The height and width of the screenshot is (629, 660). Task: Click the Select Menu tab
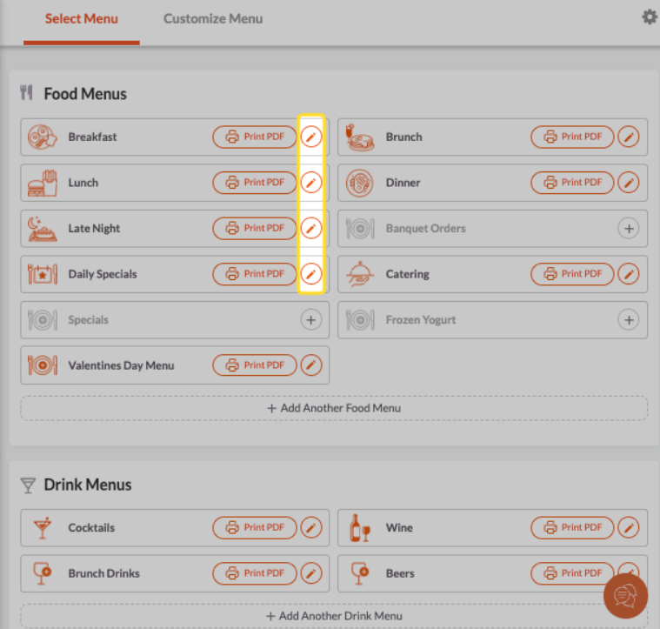coord(82,19)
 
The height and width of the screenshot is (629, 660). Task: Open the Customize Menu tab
coord(213,19)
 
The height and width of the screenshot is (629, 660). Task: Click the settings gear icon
coord(649,17)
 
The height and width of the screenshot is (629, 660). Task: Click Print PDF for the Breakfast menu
coord(255,137)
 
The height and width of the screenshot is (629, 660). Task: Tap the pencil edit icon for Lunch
coord(310,183)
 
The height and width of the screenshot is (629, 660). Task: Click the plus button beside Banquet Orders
coord(628,229)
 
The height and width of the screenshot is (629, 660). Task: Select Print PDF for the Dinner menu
coord(572,183)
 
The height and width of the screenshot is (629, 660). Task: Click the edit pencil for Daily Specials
coord(310,274)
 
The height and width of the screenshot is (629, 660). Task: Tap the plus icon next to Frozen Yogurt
coord(628,320)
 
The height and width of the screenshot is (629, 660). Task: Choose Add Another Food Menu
coord(334,408)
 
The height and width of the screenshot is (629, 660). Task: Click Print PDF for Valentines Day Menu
coord(255,365)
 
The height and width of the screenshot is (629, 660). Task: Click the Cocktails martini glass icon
coord(42,528)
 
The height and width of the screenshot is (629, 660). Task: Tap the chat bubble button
coord(625,596)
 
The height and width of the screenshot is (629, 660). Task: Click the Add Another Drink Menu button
coord(334,616)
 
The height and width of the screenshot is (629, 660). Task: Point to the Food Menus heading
coord(85,94)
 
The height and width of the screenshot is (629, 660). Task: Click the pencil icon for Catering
coord(628,274)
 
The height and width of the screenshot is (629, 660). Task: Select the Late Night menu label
coord(94,229)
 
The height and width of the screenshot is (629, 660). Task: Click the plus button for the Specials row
coord(310,320)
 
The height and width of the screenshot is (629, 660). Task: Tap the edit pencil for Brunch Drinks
coord(310,573)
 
